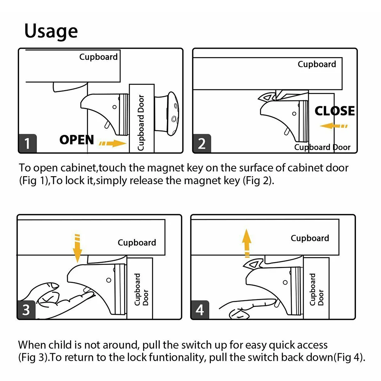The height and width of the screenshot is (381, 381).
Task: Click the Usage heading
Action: pyautogui.click(x=51, y=32)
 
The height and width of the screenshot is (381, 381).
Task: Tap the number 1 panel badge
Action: pyautogui.click(x=27, y=144)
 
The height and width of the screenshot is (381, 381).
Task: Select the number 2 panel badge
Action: pyautogui.click(x=202, y=144)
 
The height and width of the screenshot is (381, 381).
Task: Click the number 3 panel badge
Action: pyautogui.click(x=26, y=310)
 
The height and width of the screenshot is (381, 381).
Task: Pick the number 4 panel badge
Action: pyautogui.click(x=200, y=310)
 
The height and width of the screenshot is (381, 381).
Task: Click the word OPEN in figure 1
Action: pyautogui.click(x=77, y=140)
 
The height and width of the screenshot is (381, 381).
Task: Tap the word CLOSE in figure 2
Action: pyautogui.click(x=335, y=111)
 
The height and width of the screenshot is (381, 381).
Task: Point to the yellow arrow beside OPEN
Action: pyautogui.click(x=112, y=143)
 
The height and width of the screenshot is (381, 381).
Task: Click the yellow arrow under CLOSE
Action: pyautogui.click(x=333, y=126)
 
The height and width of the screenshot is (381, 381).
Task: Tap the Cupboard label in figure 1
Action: pyautogui.click(x=99, y=57)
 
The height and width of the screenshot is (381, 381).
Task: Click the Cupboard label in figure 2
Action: pyautogui.click(x=317, y=64)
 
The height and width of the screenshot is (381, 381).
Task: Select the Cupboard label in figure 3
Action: pyautogui.click(x=137, y=242)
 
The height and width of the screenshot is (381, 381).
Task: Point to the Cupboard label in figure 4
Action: pyautogui.click(x=310, y=238)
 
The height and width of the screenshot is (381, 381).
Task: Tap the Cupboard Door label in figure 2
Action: pyautogui.click(x=322, y=147)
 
